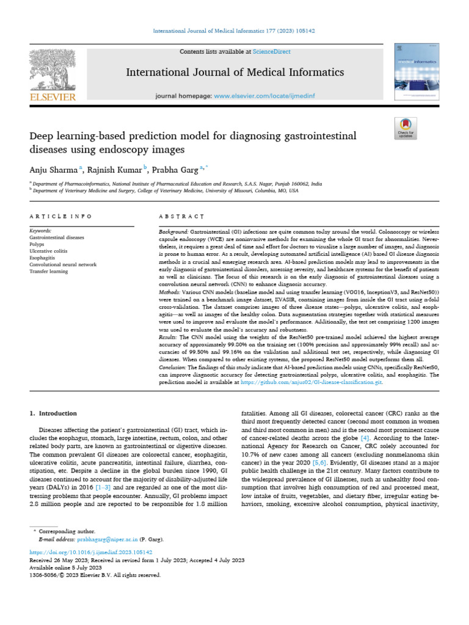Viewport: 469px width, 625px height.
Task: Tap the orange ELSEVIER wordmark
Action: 53,97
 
